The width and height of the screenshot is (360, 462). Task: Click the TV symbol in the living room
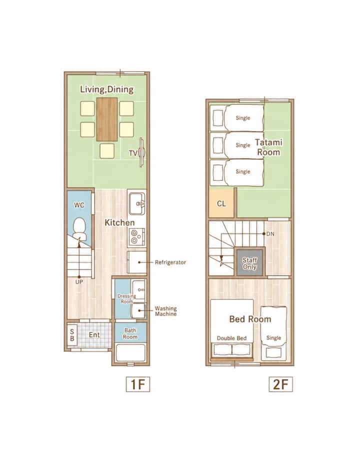click(142, 152)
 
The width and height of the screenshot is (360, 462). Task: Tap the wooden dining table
click(107, 119)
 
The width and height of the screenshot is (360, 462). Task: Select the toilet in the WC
click(79, 228)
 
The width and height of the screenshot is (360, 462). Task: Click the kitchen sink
click(137, 203)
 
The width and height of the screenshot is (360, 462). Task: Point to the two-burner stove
click(136, 237)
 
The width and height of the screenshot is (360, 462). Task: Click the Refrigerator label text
click(170, 262)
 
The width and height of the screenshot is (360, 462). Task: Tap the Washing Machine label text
click(166, 311)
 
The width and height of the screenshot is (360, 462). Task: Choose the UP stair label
click(79, 282)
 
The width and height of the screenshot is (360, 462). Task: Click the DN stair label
click(270, 234)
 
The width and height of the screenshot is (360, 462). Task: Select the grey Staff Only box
click(250, 263)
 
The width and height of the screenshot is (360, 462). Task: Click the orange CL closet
click(221, 203)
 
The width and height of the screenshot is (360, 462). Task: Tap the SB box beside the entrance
click(72, 335)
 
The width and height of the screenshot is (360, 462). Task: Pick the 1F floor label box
click(138, 384)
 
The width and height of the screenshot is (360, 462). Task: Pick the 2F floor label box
click(281, 384)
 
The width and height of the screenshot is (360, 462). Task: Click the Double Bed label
click(231, 338)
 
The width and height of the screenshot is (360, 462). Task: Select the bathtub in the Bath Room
click(131, 352)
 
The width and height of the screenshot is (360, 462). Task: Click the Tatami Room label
click(268, 147)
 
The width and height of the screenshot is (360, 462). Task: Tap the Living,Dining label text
click(107, 89)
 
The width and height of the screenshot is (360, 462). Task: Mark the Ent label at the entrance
click(94, 334)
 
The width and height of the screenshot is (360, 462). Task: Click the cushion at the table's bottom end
click(107, 151)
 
